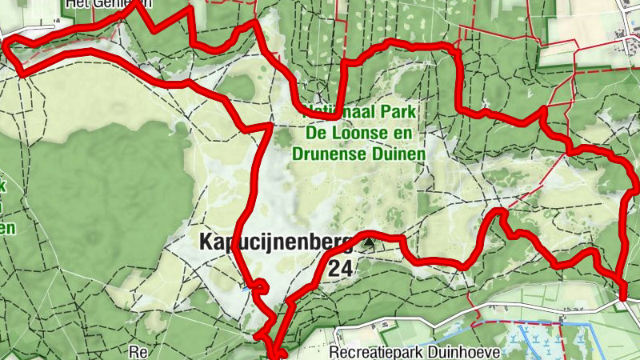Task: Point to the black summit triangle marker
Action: pos(369,241)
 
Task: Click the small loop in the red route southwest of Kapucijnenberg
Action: pos(260,285)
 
